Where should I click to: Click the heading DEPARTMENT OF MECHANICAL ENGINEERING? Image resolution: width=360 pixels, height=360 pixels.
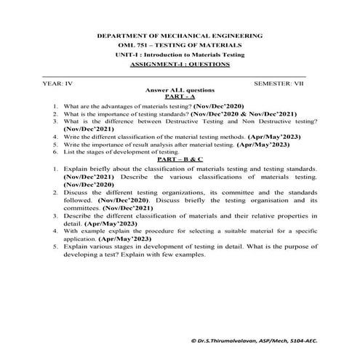pos(180,36)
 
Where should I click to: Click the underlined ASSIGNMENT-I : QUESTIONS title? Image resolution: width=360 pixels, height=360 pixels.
pos(180,64)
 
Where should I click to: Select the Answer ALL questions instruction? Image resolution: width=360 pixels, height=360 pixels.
pos(180,91)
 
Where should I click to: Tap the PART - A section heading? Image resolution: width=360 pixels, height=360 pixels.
pos(180,97)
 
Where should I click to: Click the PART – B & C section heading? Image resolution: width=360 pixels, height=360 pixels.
pos(180,159)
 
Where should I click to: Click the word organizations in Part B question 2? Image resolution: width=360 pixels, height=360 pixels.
pos(174,191)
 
